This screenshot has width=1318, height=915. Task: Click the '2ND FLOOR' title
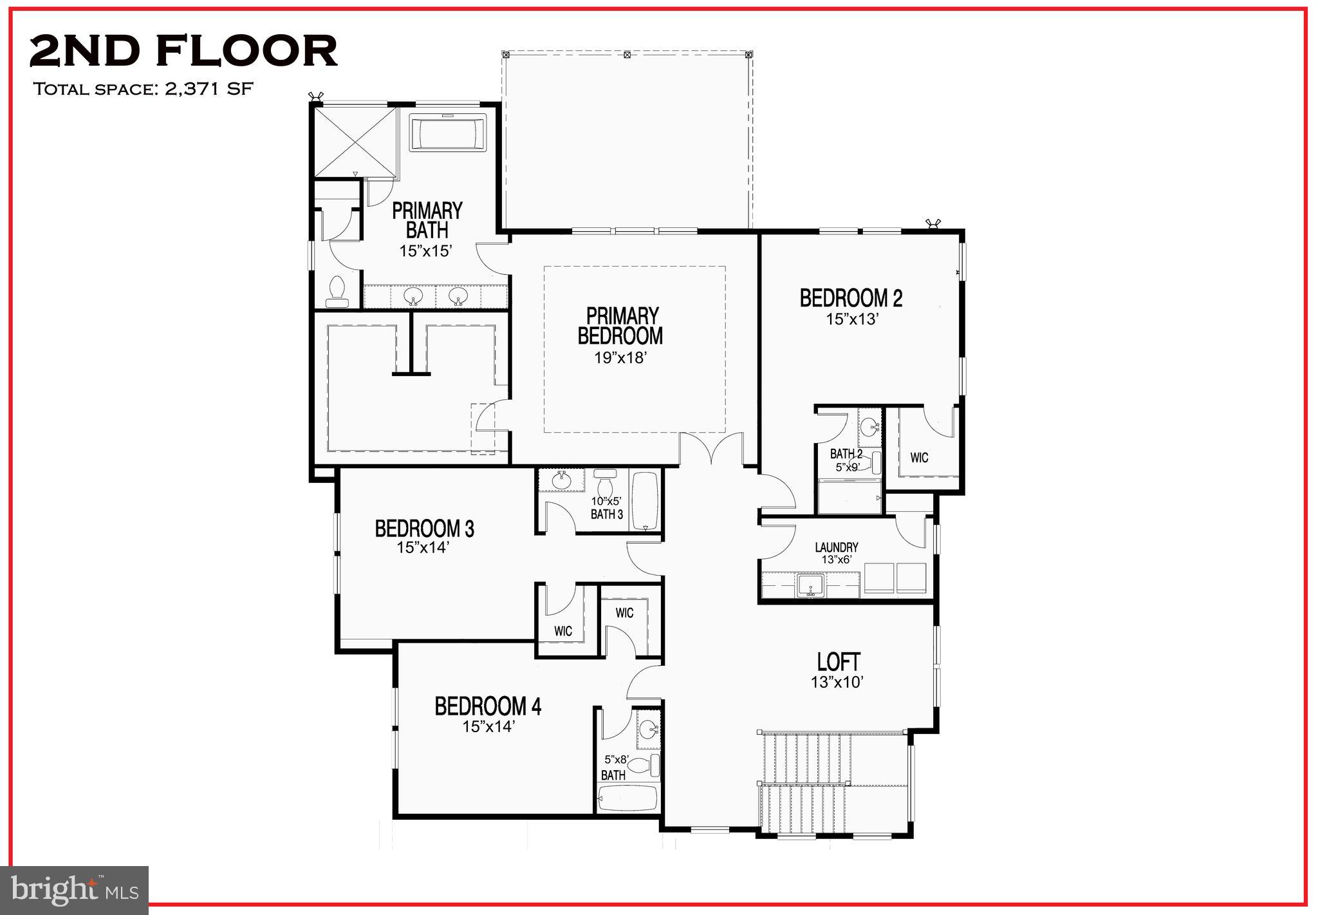tap(183, 52)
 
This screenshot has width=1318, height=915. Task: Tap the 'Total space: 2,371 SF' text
tap(143, 89)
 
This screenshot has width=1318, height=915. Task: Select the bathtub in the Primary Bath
tap(448, 133)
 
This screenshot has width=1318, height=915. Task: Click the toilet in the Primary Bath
tap(337, 291)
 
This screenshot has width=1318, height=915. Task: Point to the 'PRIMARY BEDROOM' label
tap(620, 326)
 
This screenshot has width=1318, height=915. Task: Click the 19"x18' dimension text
tap(619, 358)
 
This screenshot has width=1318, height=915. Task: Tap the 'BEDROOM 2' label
tap(851, 298)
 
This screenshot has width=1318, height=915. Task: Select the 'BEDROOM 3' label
tap(424, 529)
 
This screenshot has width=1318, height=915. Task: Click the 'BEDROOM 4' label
tap(488, 706)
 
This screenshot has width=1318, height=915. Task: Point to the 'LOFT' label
tap(839, 661)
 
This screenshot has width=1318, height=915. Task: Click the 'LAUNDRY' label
tap(836, 547)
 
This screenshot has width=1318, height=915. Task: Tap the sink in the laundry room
tap(809, 585)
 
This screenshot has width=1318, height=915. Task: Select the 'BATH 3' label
tap(606, 514)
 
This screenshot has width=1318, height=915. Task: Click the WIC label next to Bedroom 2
tap(919, 458)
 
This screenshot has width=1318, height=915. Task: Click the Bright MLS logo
tap(75, 890)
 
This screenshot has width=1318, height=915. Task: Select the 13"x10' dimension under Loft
tap(837, 683)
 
